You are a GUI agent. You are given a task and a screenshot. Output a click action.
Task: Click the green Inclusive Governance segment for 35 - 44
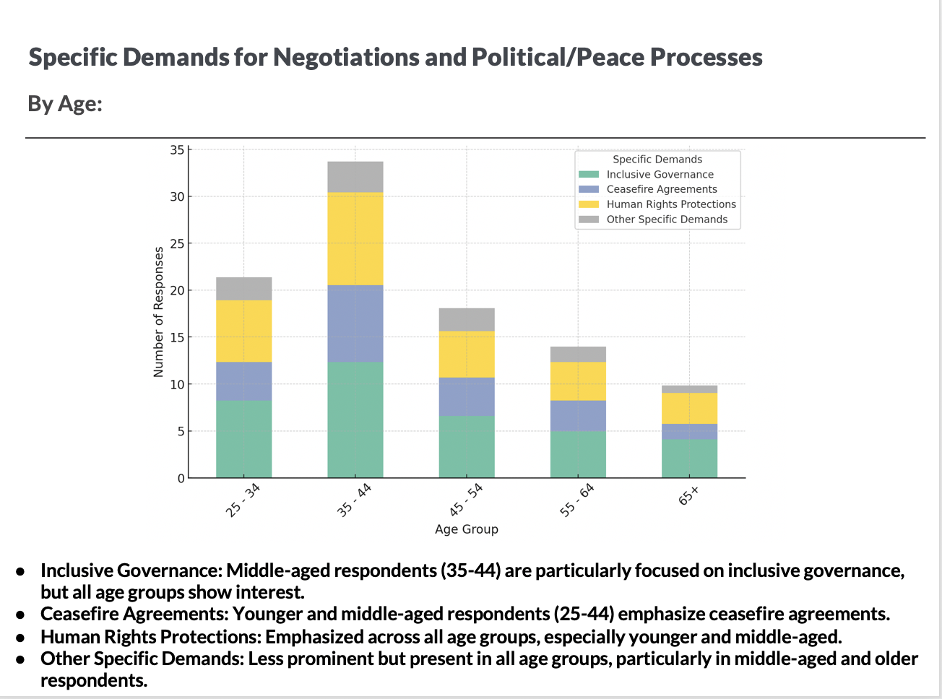[355, 420]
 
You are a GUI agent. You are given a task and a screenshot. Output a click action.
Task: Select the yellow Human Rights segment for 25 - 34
[244, 331]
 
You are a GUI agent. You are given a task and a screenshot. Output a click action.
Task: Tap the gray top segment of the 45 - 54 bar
[467, 319]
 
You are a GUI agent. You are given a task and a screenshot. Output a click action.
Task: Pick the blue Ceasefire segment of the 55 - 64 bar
[578, 415]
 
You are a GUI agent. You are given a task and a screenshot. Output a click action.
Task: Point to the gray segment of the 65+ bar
[689, 389]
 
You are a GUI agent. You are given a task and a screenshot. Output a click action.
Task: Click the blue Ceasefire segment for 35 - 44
[355, 323]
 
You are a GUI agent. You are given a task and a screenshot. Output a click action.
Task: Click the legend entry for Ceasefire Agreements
[661, 189]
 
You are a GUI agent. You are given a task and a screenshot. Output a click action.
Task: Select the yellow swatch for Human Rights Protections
[589, 204]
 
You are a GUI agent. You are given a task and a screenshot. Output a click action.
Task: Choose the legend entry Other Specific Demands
[667, 220]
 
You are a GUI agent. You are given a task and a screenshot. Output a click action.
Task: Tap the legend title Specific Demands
[657, 160]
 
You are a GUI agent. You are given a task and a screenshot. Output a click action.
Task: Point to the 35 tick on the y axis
[177, 150]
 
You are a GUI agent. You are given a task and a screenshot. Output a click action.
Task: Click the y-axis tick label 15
[177, 337]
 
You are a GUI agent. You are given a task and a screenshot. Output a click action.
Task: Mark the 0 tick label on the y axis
[181, 478]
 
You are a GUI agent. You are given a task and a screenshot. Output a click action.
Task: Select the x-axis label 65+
[688, 495]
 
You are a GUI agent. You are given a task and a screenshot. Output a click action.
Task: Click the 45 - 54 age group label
[466, 500]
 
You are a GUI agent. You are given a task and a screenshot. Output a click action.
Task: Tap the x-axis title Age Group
[467, 529]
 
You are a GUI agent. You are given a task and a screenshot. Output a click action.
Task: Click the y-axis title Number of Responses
[159, 312]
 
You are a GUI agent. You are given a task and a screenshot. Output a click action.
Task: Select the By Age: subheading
[65, 104]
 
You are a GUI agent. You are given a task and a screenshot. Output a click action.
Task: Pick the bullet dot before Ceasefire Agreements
[22, 615]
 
